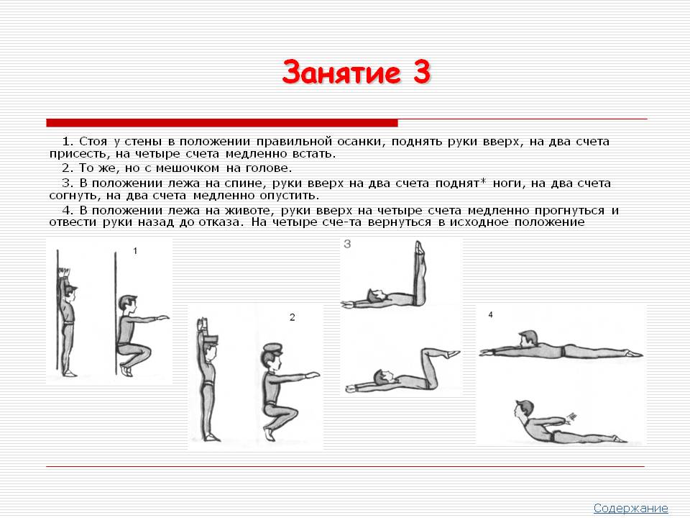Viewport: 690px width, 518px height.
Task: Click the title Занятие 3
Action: click(x=356, y=72)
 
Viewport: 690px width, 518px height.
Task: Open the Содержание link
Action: click(x=630, y=508)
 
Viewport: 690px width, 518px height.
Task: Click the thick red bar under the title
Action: click(x=222, y=123)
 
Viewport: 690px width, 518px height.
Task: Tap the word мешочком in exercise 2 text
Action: click(x=182, y=168)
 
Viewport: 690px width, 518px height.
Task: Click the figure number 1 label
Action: click(x=135, y=250)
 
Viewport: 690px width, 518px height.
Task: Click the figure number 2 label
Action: click(x=293, y=317)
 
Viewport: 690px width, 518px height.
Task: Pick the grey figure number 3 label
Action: click(x=347, y=244)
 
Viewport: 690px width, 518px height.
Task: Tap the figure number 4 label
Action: click(x=490, y=314)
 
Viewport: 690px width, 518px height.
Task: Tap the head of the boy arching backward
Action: click(x=523, y=409)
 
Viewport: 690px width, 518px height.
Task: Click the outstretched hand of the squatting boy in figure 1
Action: click(x=162, y=317)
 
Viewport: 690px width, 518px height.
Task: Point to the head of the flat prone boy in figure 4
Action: click(x=528, y=339)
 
